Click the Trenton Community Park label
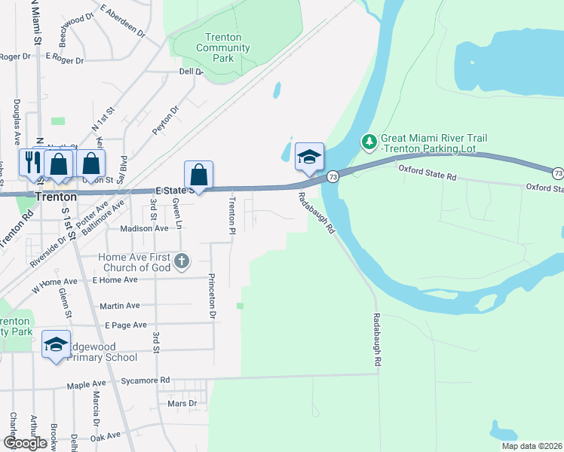tap(222, 47)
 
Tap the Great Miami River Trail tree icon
tap(369, 141)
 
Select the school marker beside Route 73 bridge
tap(309, 157)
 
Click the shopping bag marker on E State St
tap(198, 176)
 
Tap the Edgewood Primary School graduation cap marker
tap(57, 345)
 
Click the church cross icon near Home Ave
tap(181, 262)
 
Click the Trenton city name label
tap(55, 196)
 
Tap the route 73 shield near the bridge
tap(333, 176)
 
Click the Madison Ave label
tap(144, 228)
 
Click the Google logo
tap(25, 443)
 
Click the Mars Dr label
tap(182, 404)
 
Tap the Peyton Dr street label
tap(167, 120)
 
